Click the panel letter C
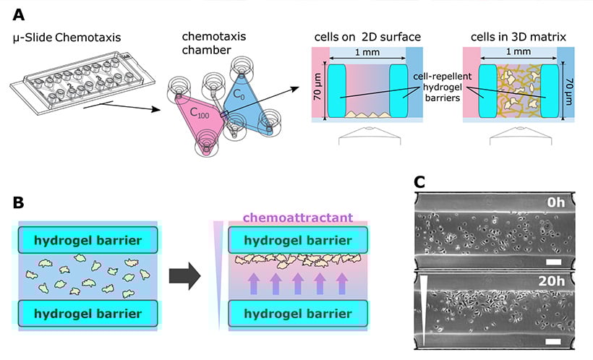[422, 181]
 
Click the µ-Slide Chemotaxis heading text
[66, 37]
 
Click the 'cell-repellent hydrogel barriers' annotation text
[438, 87]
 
